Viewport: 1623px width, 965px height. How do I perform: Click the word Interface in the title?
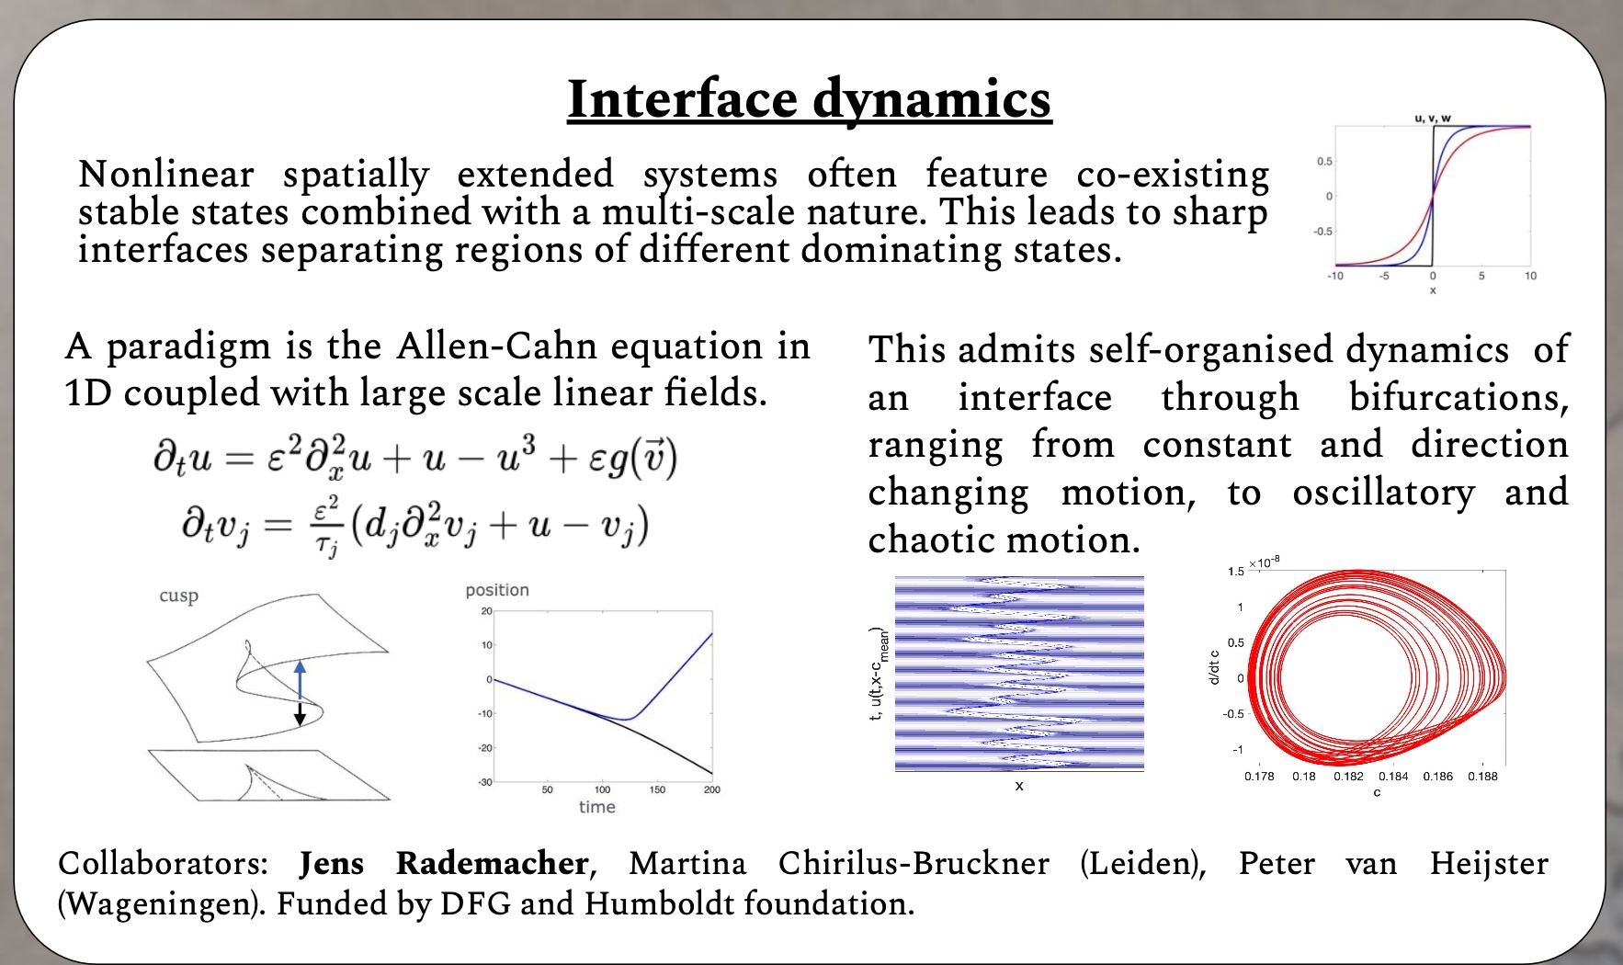point(682,99)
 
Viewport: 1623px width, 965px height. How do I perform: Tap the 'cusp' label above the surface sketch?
point(178,596)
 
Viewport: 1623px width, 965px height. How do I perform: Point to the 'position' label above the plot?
point(497,590)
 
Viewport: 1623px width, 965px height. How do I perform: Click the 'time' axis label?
point(596,806)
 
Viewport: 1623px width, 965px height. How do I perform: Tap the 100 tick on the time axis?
point(602,789)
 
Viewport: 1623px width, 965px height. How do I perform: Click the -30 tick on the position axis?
point(485,782)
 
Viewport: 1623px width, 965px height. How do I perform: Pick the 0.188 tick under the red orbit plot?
point(1482,776)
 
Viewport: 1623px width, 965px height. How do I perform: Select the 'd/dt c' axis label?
point(1214,667)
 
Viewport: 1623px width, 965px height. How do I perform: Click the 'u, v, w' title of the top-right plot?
point(1433,119)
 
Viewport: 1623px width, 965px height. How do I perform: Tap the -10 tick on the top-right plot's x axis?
point(1334,276)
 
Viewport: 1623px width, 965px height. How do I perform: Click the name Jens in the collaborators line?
point(332,864)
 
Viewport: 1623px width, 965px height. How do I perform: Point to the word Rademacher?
point(493,864)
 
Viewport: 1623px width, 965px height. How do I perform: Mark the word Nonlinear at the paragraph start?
point(166,174)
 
